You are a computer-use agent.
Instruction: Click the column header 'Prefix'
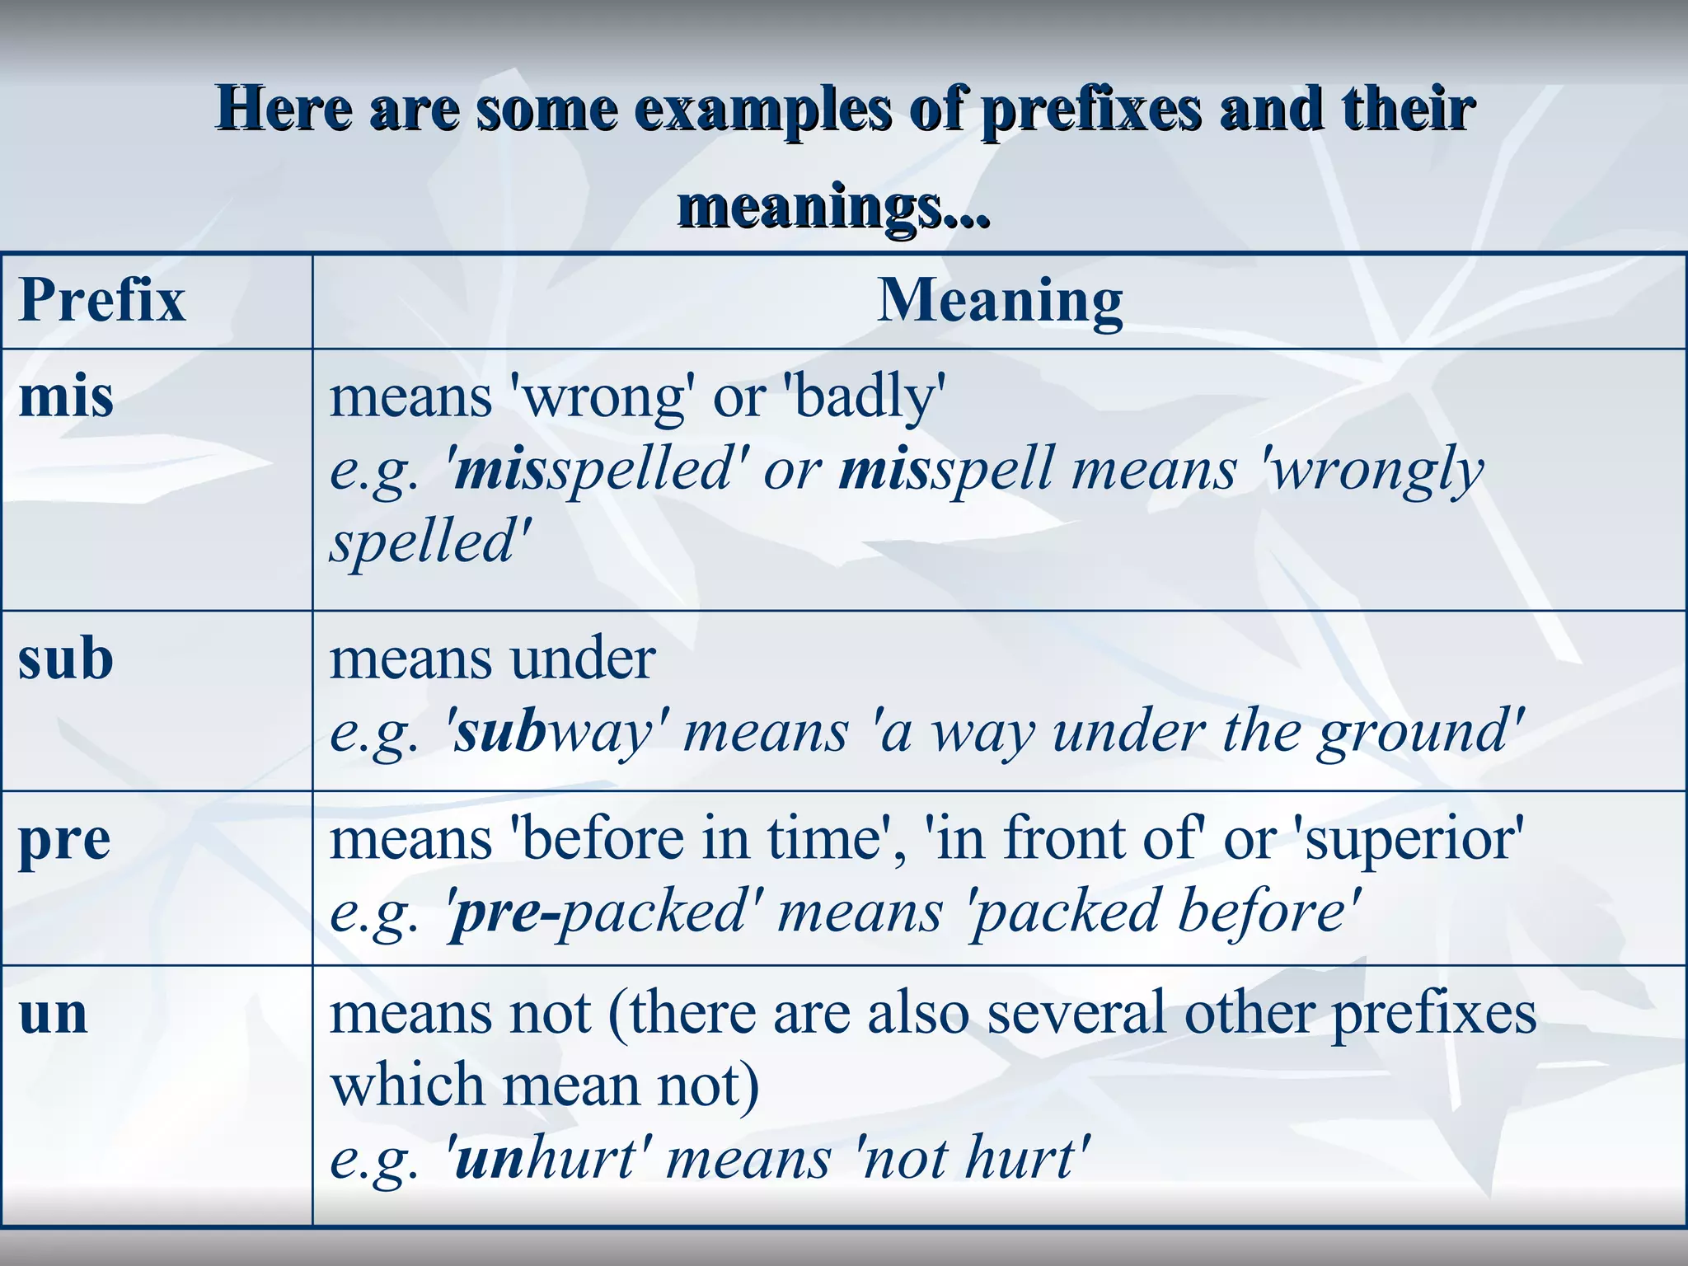coord(102,300)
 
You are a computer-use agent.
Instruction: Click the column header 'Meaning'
coord(999,300)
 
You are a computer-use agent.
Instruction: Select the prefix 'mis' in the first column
coord(66,397)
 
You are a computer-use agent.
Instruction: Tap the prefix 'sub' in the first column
coord(66,659)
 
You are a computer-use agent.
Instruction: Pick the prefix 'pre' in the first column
coord(64,841)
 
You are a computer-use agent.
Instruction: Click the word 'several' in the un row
coord(1076,1014)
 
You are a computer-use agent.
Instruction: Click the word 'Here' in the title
coord(285,110)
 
